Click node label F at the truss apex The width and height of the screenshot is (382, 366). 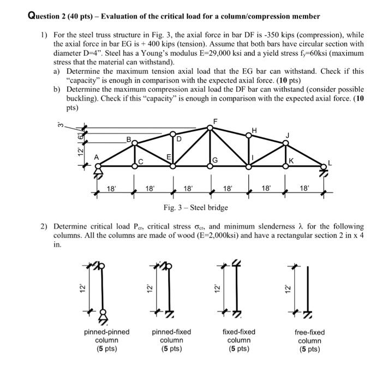coord(215,120)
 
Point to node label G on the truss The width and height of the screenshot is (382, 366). coord(216,160)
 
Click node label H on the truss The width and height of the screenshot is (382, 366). coord(253,130)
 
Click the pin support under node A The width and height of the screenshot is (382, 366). coord(99,173)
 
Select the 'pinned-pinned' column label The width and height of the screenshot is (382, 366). coord(106,332)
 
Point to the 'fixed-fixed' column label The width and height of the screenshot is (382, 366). coord(239,332)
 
